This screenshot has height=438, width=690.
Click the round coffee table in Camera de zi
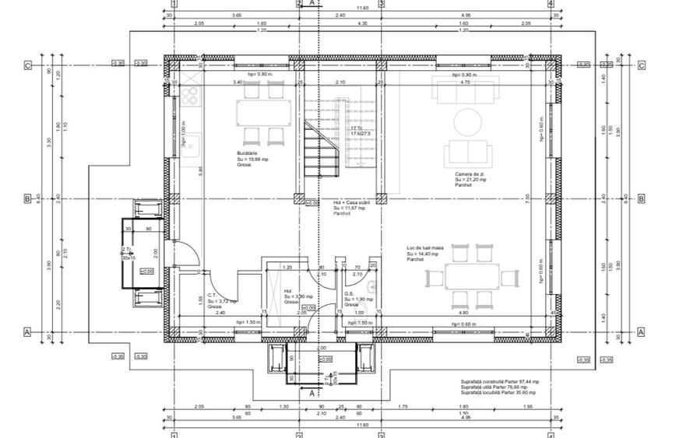point(468,121)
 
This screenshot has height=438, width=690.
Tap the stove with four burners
point(190,96)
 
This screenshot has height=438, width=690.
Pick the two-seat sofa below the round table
point(468,150)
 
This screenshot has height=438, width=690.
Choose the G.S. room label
point(350,294)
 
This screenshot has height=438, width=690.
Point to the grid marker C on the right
point(642,66)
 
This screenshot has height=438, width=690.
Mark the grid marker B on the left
point(27,199)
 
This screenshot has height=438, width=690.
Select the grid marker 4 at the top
point(551,4)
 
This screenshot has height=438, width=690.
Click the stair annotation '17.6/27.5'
point(361,134)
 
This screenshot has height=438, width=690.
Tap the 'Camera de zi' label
point(472,173)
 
